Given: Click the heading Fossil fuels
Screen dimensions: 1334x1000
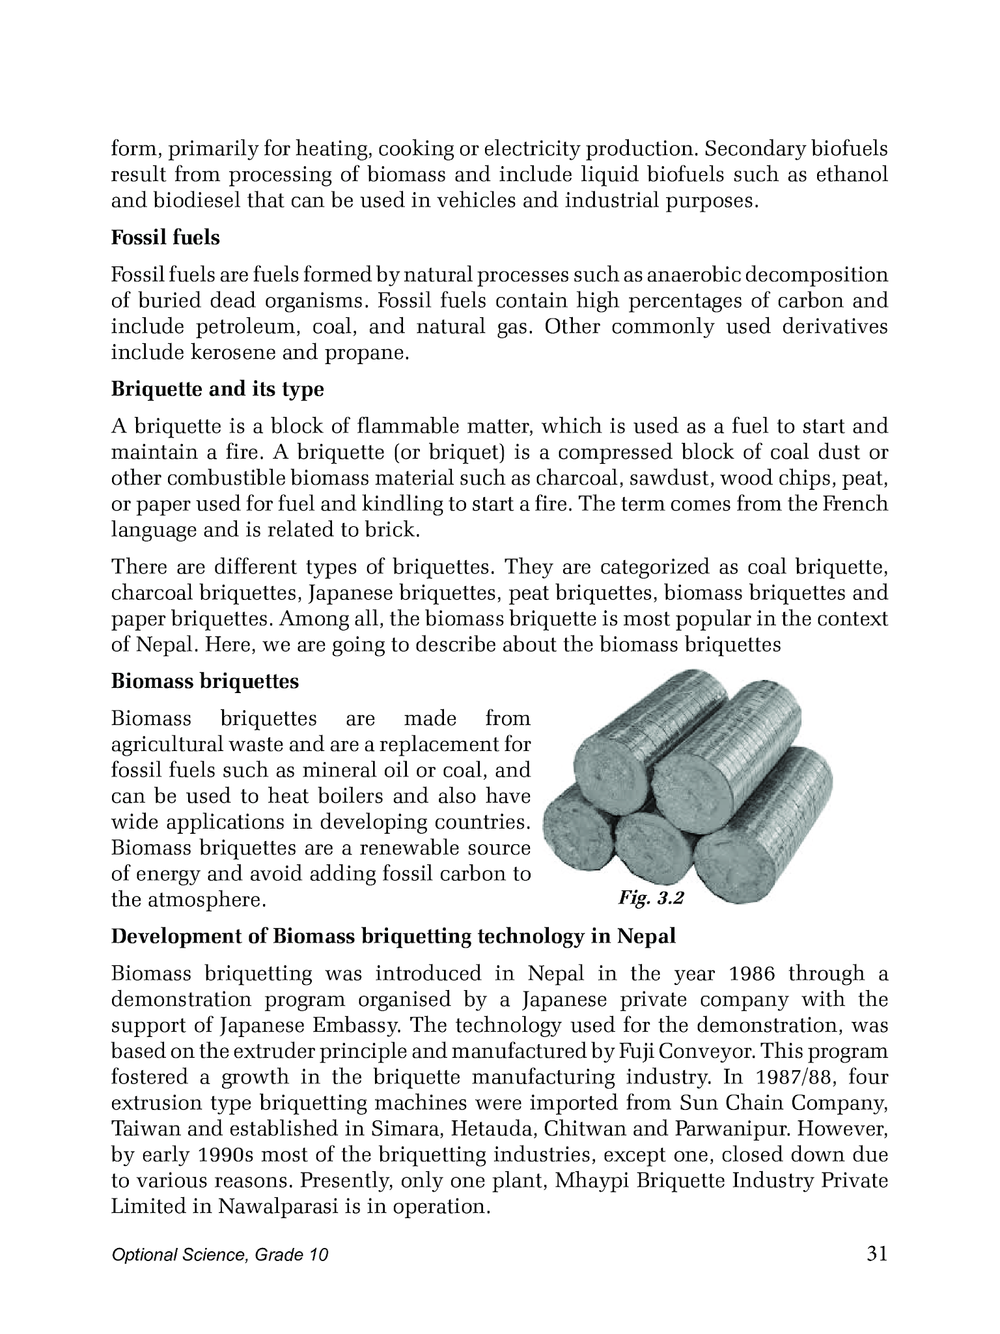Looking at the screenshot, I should point(165,238).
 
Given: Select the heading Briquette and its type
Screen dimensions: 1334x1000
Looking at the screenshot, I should point(217,390).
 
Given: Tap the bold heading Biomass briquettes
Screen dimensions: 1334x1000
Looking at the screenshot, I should point(205,681).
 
